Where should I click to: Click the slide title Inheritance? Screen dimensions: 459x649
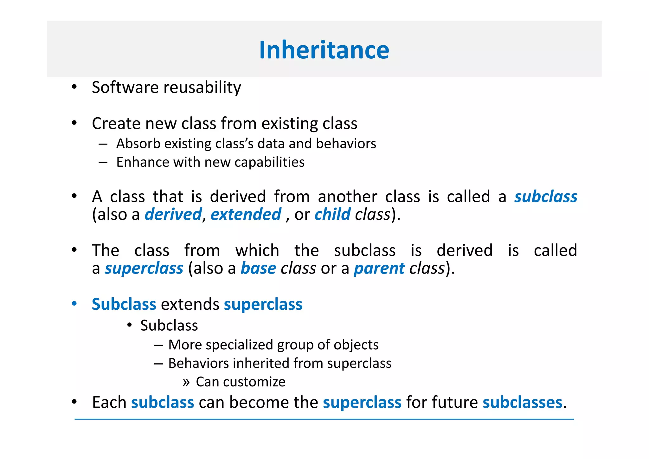324,50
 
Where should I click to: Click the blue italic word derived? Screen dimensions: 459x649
173,214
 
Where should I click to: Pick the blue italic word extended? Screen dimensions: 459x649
246,214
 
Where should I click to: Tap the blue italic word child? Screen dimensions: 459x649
332,214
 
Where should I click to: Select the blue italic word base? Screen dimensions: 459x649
258,268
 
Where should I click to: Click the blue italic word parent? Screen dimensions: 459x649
379,269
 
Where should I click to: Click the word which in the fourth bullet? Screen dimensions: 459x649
257,250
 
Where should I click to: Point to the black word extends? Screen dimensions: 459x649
190,304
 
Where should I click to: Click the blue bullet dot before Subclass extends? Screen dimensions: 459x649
74,304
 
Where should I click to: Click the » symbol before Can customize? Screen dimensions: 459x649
186,382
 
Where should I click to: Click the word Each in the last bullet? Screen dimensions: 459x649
109,403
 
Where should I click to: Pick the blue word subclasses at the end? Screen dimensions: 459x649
522,403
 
